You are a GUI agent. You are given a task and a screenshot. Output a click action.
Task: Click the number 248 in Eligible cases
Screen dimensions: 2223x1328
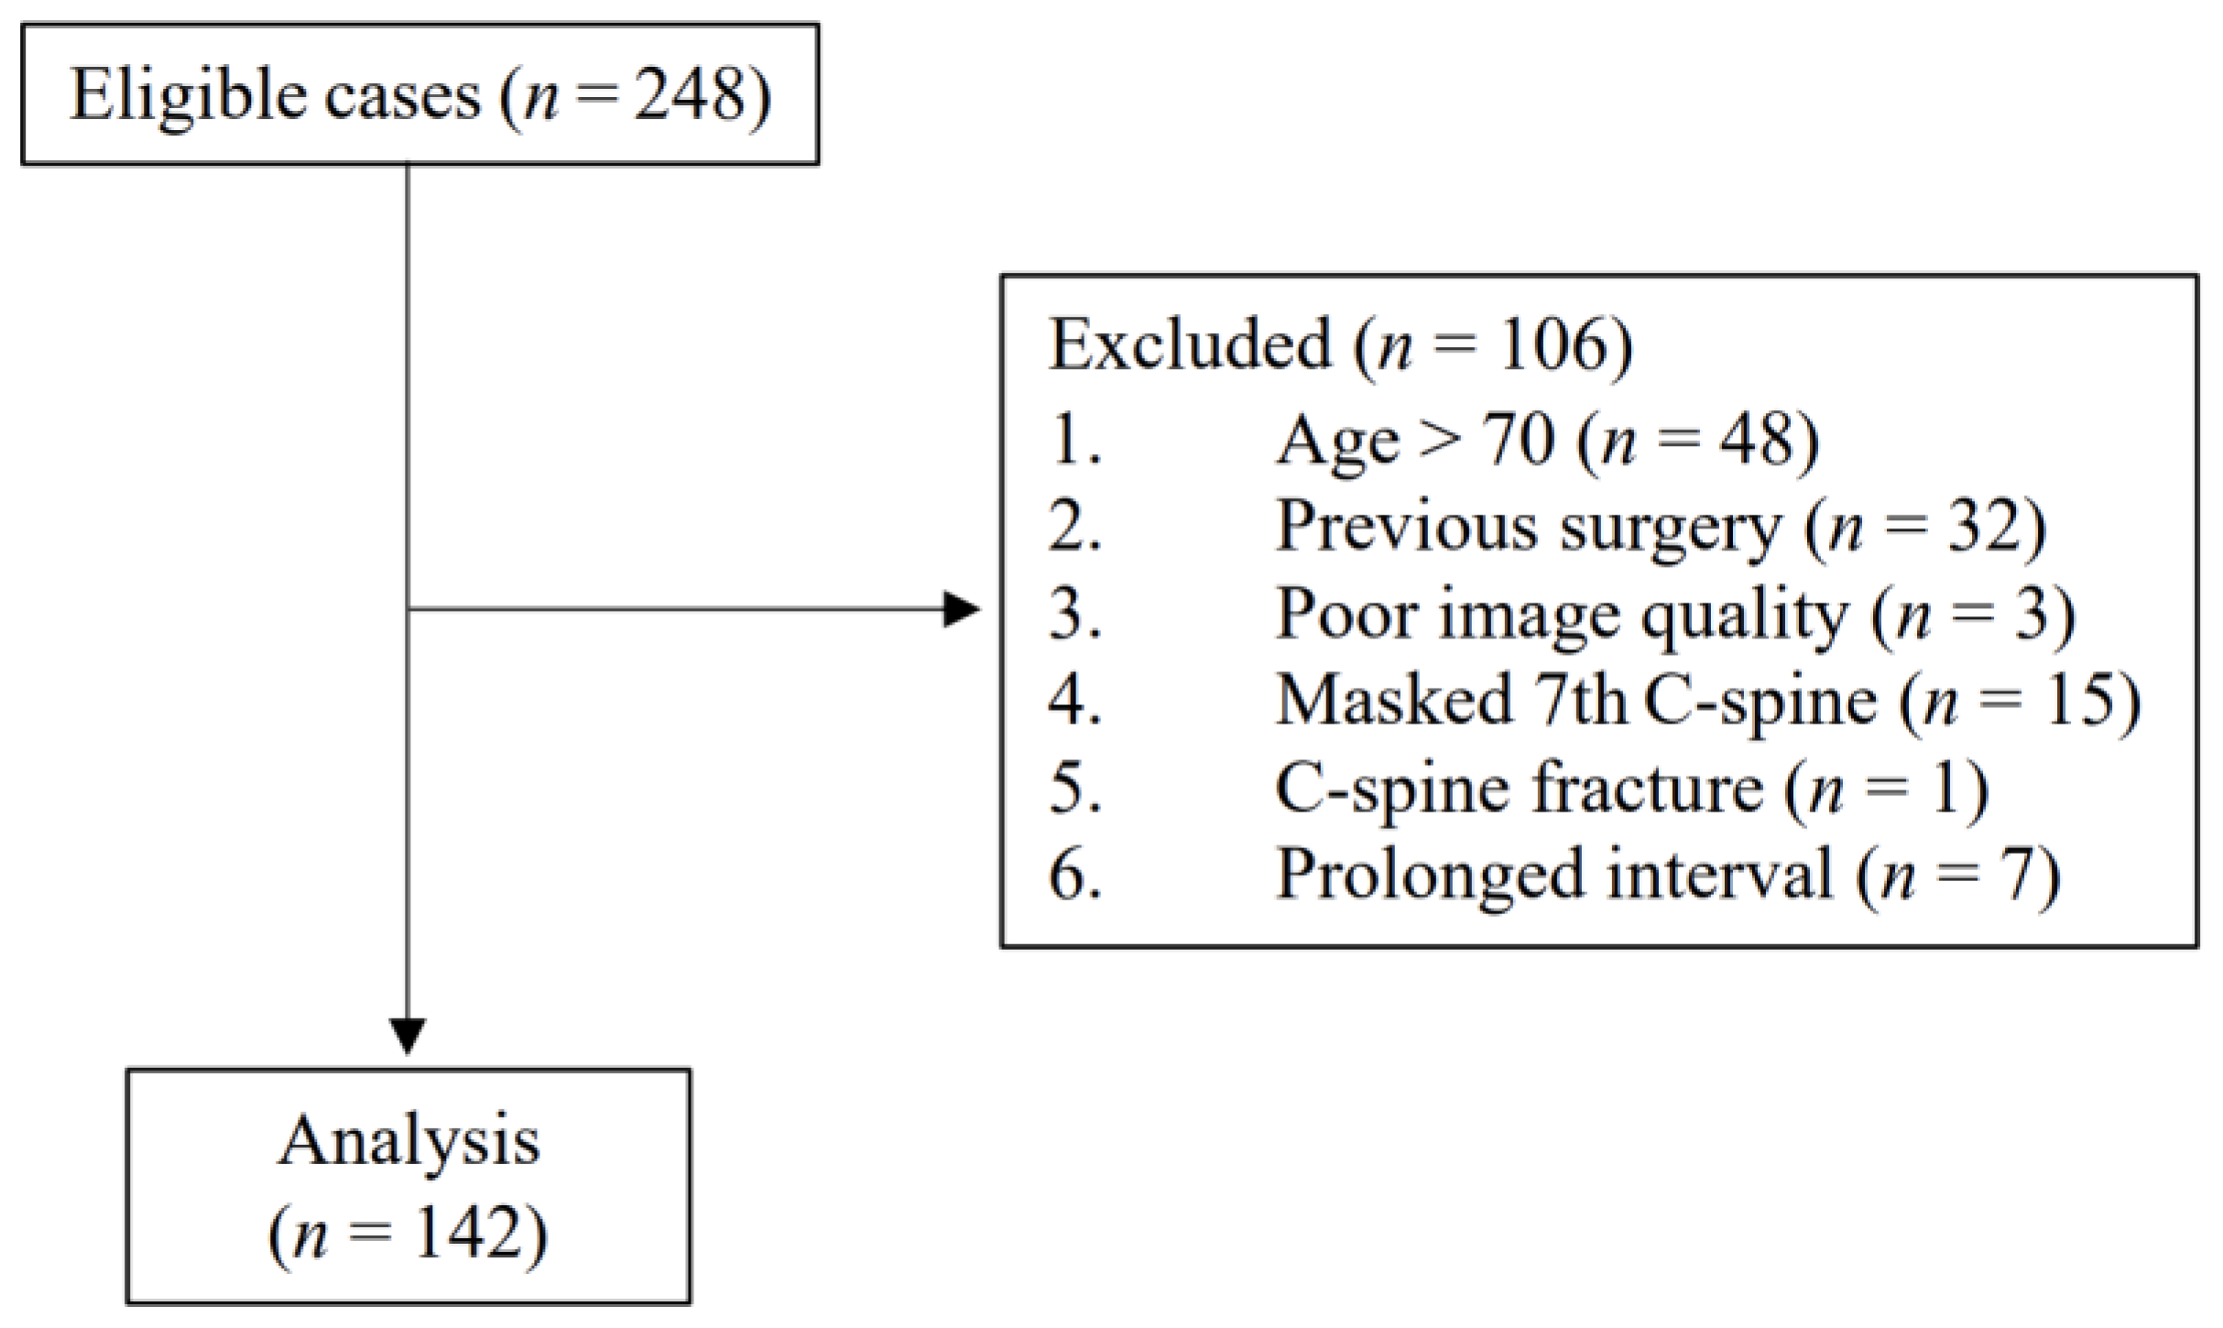point(689,95)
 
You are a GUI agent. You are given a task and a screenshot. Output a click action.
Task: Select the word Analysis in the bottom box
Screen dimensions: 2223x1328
point(409,1142)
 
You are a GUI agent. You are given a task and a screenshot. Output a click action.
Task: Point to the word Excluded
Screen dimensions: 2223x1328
point(1189,345)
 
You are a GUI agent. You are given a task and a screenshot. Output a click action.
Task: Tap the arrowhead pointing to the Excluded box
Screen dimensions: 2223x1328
point(962,609)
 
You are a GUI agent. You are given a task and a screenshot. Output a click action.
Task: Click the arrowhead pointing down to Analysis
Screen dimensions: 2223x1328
point(408,1035)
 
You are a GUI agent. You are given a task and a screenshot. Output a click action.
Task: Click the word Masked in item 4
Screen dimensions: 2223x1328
point(1393,701)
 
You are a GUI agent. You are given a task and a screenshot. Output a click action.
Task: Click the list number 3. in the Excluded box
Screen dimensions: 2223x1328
point(1074,614)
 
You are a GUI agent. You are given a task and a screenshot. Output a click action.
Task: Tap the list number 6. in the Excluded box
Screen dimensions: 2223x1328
point(1074,875)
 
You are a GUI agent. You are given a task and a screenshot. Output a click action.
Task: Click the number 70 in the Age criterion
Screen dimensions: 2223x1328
point(1518,440)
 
